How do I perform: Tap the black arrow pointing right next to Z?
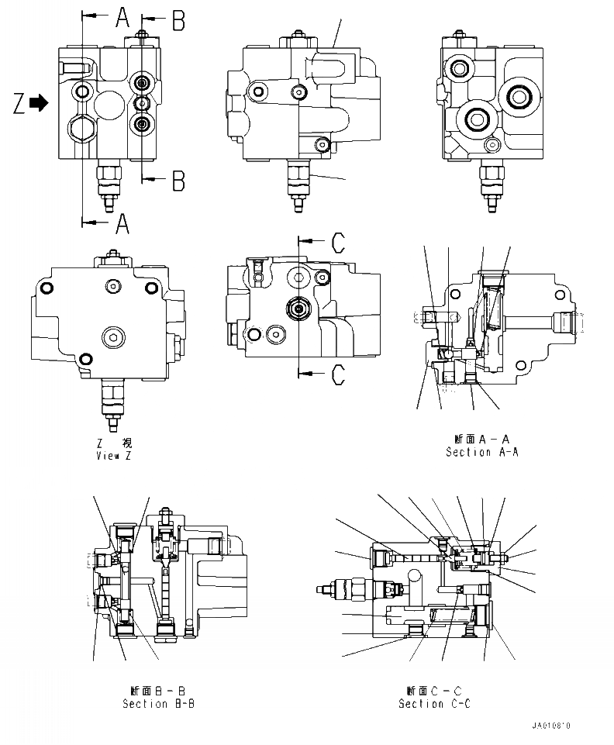coord(40,102)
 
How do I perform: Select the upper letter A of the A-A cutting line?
coord(122,17)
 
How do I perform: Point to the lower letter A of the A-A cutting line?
coord(122,224)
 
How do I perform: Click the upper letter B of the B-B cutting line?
coord(178,21)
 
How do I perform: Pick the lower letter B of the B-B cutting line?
coord(178,181)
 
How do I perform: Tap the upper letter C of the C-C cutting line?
coord(338,242)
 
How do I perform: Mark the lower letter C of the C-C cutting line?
coord(338,374)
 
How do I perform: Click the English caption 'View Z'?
coord(113,456)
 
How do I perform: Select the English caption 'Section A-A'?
coord(481,452)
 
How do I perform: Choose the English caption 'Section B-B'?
coord(159,704)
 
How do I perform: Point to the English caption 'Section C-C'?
coord(434,704)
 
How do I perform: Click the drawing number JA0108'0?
coord(551,726)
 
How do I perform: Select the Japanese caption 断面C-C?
coord(434,691)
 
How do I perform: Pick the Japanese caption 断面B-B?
coord(159,691)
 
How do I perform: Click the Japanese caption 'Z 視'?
coord(114,443)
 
